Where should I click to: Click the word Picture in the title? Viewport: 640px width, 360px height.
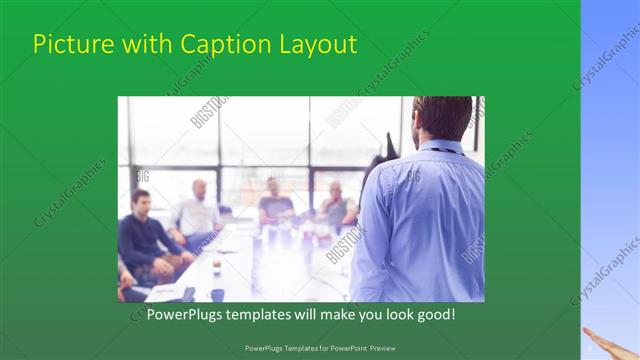point(68,45)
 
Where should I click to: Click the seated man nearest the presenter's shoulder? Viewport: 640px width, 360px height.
point(336,205)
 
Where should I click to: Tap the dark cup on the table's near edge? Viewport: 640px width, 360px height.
point(217,294)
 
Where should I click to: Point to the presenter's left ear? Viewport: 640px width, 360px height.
point(415,122)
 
